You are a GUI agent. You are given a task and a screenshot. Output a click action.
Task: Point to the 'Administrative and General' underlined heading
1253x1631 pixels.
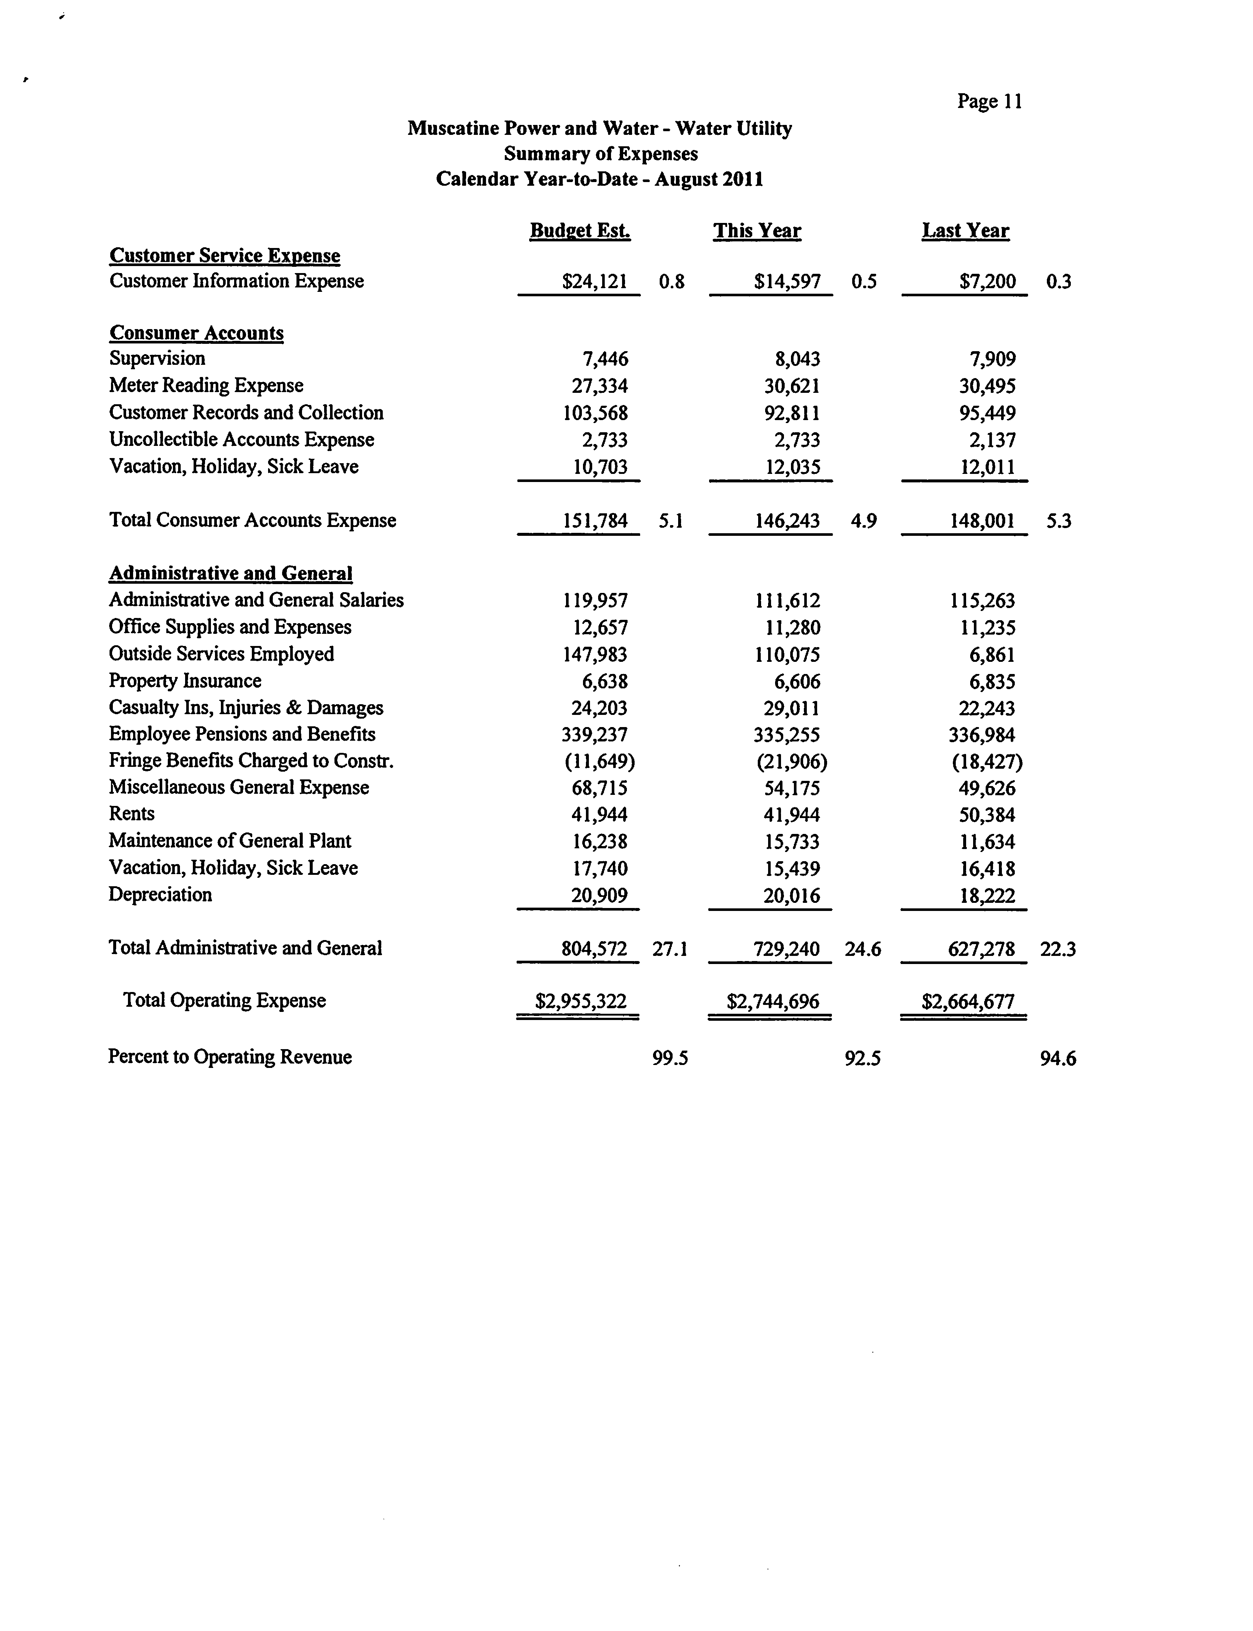(x=230, y=573)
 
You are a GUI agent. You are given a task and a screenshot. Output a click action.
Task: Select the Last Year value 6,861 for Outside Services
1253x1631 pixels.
(x=992, y=654)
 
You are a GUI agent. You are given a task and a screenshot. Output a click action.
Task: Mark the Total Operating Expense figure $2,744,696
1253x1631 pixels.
(x=773, y=1001)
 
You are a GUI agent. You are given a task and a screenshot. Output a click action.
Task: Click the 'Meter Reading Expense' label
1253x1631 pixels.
(x=206, y=385)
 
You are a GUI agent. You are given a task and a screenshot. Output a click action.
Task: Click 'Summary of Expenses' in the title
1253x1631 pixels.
(x=600, y=154)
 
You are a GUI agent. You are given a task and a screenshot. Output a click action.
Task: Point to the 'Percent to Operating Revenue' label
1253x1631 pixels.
(x=230, y=1057)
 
